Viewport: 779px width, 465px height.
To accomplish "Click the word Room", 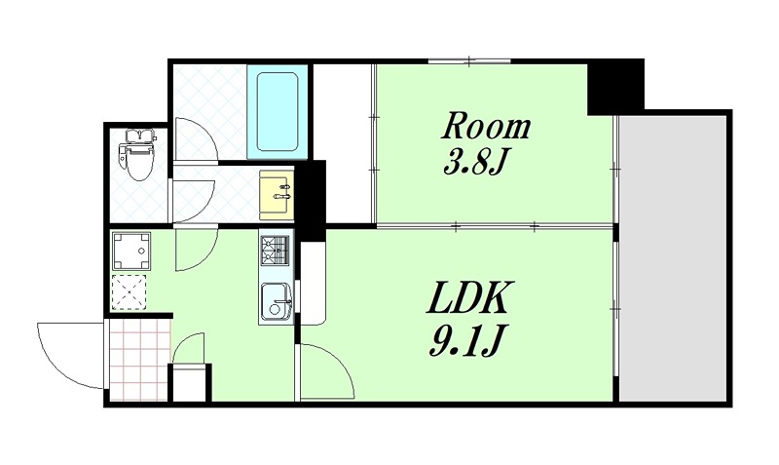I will pyautogui.click(x=488, y=127).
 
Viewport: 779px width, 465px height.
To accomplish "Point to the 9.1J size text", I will pyautogui.click(x=464, y=340).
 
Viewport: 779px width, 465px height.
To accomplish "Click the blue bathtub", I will pyautogui.click(x=278, y=111).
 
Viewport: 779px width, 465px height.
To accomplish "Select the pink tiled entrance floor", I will pyautogui.click(x=138, y=358).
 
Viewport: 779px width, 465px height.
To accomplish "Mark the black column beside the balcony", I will pyautogui.click(x=615, y=86).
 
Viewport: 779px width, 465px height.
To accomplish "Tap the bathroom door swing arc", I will pyautogui.click(x=195, y=141).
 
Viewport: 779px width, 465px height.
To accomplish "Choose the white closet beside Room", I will pyautogui.click(x=343, y=143).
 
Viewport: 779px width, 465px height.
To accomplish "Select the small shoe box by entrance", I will pyautogui.click(x=190, y=382).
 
